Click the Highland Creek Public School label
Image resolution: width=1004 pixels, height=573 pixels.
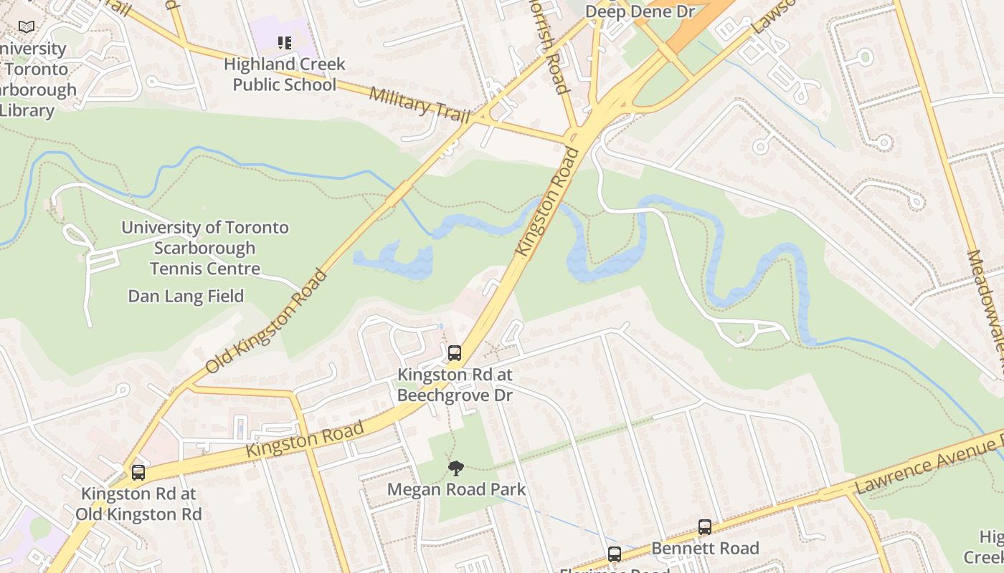[x=285, y=74]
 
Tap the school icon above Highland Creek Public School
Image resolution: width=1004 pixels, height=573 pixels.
[x=285, y=43]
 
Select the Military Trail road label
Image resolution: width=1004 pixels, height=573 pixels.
[x=420, y=105]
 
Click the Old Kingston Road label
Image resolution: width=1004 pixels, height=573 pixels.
[x=267, y=322]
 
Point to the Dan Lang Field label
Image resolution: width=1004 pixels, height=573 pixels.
[x=186, y=296]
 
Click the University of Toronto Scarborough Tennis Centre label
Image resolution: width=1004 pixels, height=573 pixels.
[x=205, y=248]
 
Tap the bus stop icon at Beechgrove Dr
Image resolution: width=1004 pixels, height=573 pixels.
[x=455, y=352]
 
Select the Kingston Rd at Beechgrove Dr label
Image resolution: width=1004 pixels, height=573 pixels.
[x=455, y=385]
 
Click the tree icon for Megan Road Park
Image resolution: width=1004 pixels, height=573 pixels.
[x=455, y=468]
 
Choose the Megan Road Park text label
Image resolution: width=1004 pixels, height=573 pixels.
[x=456, y=489]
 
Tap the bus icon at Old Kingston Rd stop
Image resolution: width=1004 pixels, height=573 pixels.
[x=138, y=473]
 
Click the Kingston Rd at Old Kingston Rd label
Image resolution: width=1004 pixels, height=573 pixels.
[x=139, y=504]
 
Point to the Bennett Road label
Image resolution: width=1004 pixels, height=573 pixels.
[x=705, y=548]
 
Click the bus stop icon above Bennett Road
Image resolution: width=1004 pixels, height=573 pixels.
[x=705, y=527]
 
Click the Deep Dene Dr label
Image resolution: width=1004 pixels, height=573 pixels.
[x=630, y=11]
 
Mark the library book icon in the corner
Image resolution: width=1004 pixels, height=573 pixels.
[x=27, y=27]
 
